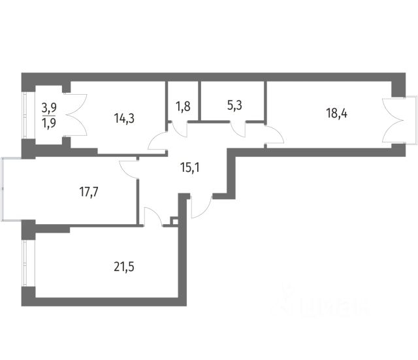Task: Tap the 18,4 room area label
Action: (337, 112)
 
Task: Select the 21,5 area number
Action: (124, 266)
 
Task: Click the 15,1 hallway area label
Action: (191, 165)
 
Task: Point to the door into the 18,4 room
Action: (275, 137)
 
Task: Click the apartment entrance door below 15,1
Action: (201, 208)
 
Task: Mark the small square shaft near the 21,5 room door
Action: (174, 221)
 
